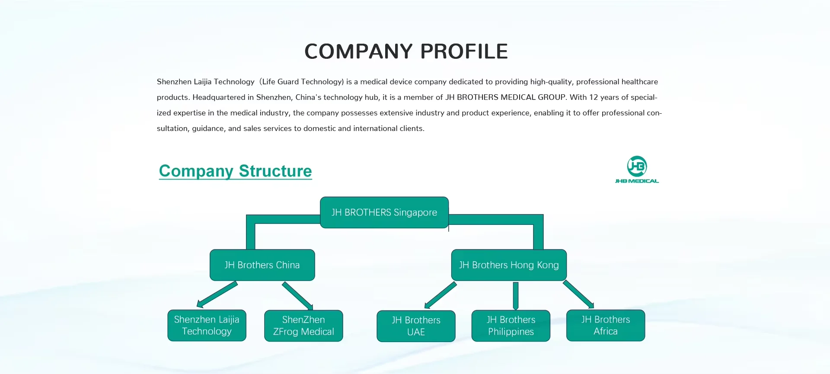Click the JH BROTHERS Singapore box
(384, 212)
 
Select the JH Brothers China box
(262, 265)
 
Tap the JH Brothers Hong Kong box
(509, 265)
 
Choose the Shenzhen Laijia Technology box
(207, 326)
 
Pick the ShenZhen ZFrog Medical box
(303, 326)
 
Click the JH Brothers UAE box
(416, 326)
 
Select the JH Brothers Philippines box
(511, 326)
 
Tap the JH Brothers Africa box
(605, 326)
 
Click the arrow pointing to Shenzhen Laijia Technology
(217, 294)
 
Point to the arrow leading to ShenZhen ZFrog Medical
(297, 296)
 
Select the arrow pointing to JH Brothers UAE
(441, 295)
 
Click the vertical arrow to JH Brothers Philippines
(515, 296)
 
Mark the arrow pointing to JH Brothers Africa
(578, 294)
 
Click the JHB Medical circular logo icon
(637, 166)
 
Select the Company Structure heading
(235, 171)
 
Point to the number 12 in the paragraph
(594, 97)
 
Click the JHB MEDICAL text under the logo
(637, 181)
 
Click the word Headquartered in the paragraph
(219, 97)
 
